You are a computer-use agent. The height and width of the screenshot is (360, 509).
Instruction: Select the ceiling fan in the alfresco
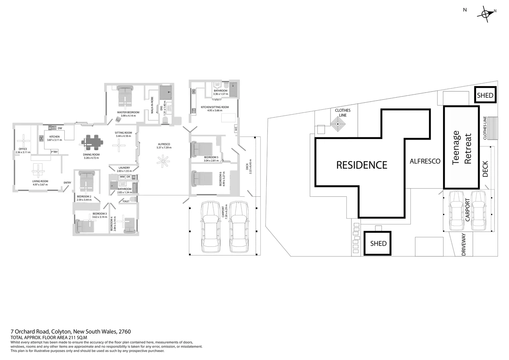tap(164, 162)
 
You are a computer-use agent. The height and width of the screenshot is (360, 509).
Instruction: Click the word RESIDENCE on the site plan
tap(362, 165)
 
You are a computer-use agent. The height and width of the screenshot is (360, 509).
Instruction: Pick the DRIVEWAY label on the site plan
tap(464, 244)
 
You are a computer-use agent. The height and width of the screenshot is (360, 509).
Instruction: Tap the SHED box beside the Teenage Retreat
tap(485, 95)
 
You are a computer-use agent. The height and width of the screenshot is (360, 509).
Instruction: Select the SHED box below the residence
tap(378, 244)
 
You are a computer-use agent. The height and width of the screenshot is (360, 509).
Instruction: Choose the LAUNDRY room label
tap(124, 168)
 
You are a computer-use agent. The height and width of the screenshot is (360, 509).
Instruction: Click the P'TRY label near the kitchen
tap(54, 152)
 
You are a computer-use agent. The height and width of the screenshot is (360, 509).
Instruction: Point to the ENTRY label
tap(67, 183)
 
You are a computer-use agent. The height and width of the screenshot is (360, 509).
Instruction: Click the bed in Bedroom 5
tap(202, 149)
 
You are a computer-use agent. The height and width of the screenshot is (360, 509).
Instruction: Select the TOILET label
tap(126, 201)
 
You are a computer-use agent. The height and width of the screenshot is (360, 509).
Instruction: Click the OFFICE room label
tap(23, 149)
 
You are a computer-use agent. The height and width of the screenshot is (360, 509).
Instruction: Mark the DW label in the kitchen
tap(60, 128)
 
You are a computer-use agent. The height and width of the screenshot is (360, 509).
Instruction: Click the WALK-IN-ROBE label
tap(152, 105)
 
